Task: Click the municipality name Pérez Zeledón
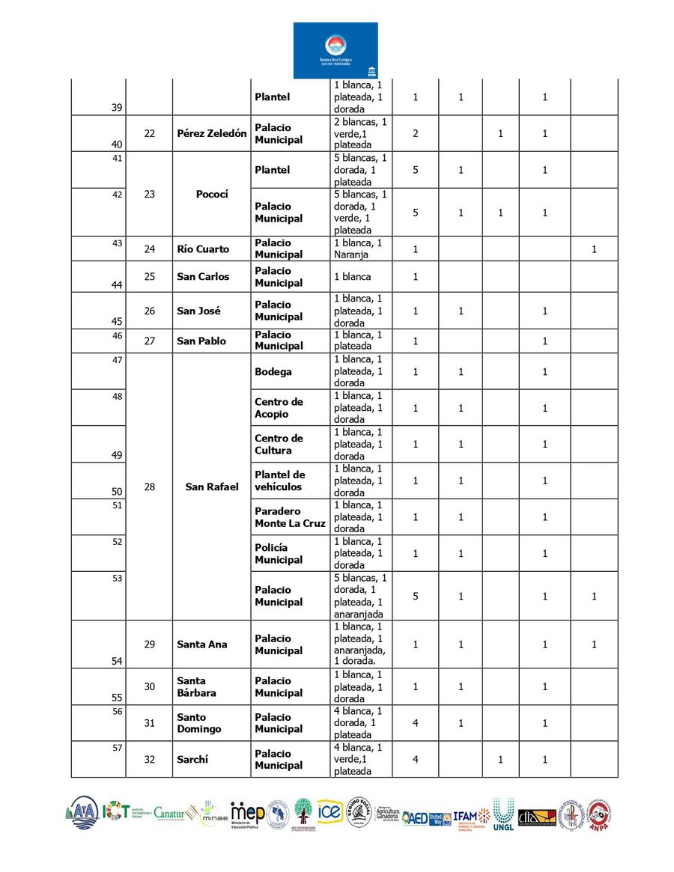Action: [211, 133]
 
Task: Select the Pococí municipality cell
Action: [211, 194]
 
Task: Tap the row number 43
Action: [117, 243]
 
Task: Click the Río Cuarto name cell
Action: [203, 249]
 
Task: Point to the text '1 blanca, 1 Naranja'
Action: [359, 249]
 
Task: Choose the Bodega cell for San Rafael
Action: [273, 371]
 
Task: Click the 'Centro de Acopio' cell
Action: [279, 408]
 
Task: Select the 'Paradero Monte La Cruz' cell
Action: [290, 517]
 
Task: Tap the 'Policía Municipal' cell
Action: [279, 553]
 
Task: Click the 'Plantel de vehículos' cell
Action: [280, 481]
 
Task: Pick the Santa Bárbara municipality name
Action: [196, 686]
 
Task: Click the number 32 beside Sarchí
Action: [150, 759]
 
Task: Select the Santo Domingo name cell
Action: [199, 723]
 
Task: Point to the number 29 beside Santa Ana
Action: [150, 644]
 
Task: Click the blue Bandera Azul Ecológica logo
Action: [336, 50]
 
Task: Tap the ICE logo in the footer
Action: [330, 811]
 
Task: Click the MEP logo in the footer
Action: [247, 814]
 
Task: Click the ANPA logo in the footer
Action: [598, 817]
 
